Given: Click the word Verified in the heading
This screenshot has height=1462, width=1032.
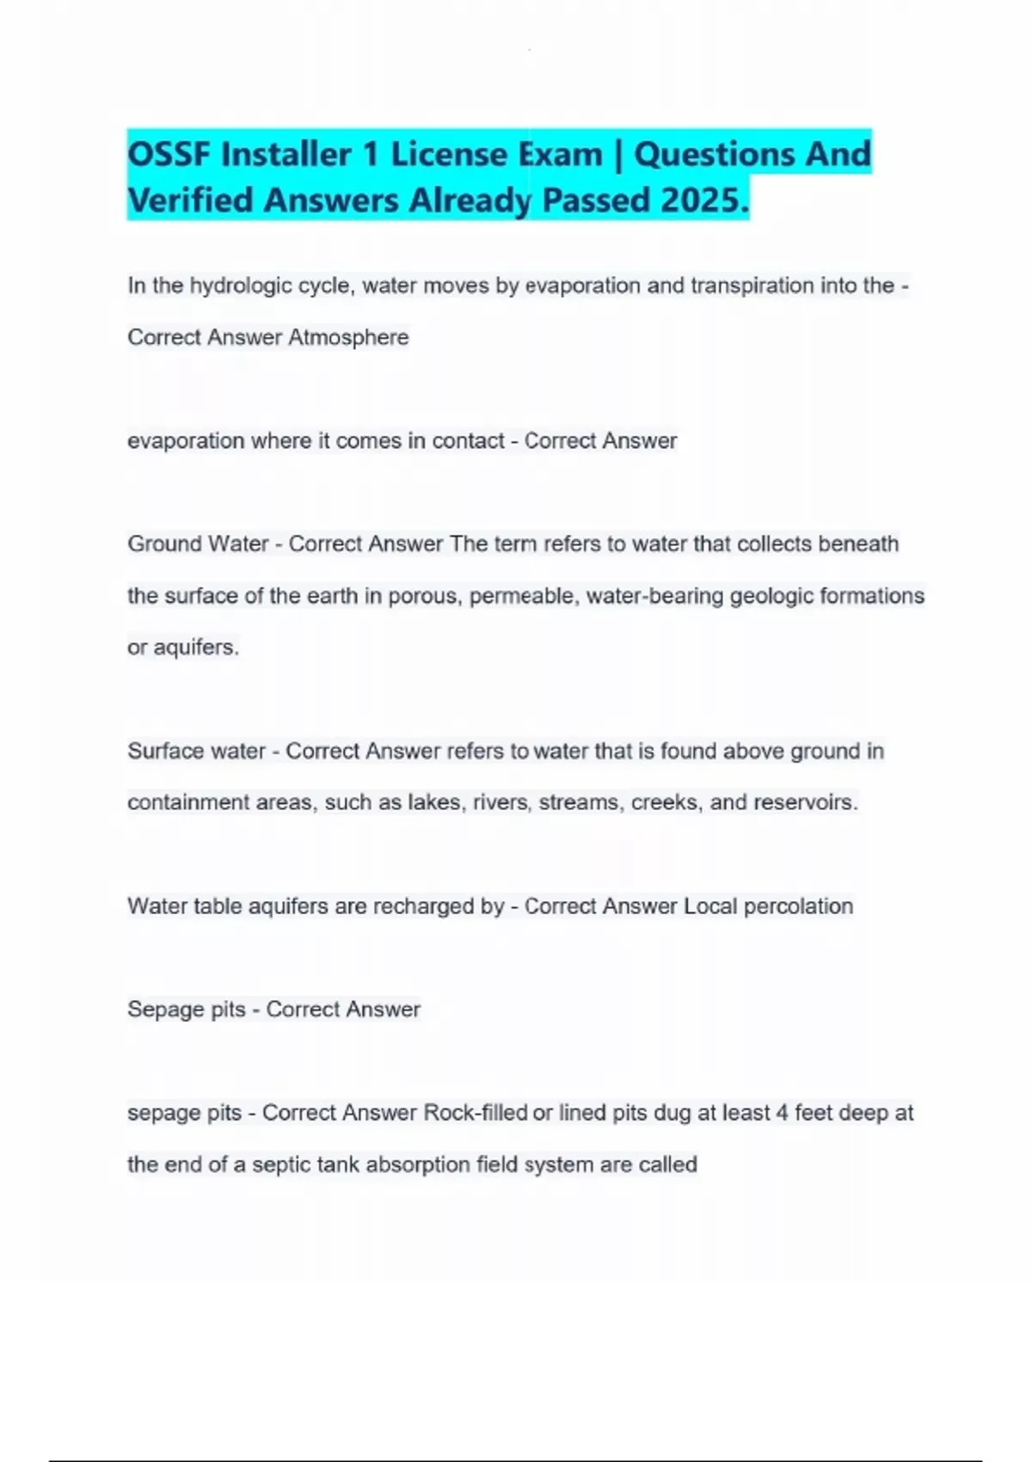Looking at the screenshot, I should click(190, 200).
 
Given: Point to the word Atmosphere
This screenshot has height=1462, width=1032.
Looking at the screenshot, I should click(348, 337).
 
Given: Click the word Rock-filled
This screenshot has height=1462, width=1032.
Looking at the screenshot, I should click(476, 1113).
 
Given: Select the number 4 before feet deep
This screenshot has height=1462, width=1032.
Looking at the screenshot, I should click(782, 1113).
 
